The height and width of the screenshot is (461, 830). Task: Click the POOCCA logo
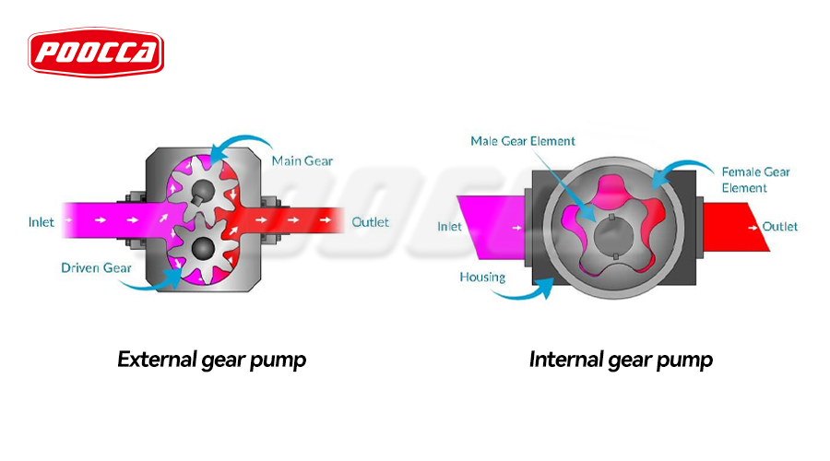pyautogui.click(x=95, y=53)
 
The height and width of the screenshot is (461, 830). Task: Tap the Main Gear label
pyautogui.click(x=302, y=161)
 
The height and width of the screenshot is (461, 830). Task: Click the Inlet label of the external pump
pyautogui.click(x=41, y=222)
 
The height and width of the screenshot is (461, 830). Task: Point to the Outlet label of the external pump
pyautogui.click(x=371, y=222)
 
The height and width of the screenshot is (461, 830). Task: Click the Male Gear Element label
pyautogui.click(x=522, y=141)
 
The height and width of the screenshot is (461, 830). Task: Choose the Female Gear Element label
pyautogui.click(x=757, y=180)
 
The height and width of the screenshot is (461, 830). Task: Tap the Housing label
pyautogui.click(x=482, y=277)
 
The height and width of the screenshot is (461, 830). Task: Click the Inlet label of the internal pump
pyautogui.click(x=449, y=227)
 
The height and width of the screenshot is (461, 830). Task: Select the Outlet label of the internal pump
pyautogui.click(x=780, y=227)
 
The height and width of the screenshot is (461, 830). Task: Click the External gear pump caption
pyautogui.click(x=211, y=359)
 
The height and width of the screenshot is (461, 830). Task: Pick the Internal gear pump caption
pyautogui.click(x=621, y=359)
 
